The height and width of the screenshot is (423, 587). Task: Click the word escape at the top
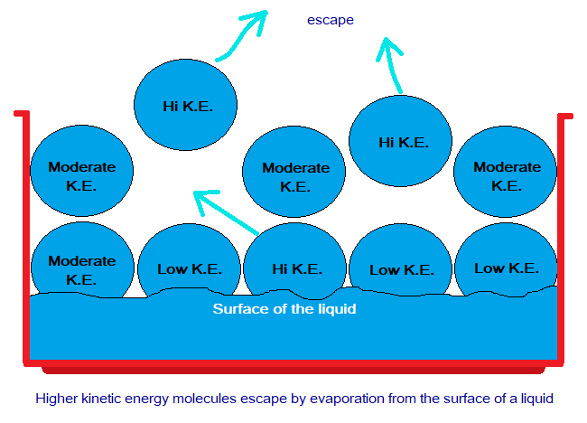click(x=331, y=20)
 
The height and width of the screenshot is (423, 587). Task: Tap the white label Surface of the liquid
click(x=284, y=309)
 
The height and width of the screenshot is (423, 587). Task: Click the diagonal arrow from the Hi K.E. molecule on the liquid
click(x=226, y=212)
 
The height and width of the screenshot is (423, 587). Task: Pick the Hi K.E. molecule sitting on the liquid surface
click(x=294, y=261)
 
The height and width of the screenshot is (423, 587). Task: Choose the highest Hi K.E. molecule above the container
click(x=185, y=105)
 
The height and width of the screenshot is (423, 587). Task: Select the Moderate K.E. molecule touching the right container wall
click(x=505, y=172)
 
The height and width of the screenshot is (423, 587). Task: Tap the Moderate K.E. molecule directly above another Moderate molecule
click(x=81, y=171)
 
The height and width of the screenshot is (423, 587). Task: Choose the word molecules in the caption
click(x=204, y=399)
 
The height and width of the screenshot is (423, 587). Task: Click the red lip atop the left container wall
click(x=22, y=113)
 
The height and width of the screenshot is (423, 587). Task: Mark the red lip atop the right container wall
click(x=565, y=117)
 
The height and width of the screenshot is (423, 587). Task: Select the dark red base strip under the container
click(x=293, y=371)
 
